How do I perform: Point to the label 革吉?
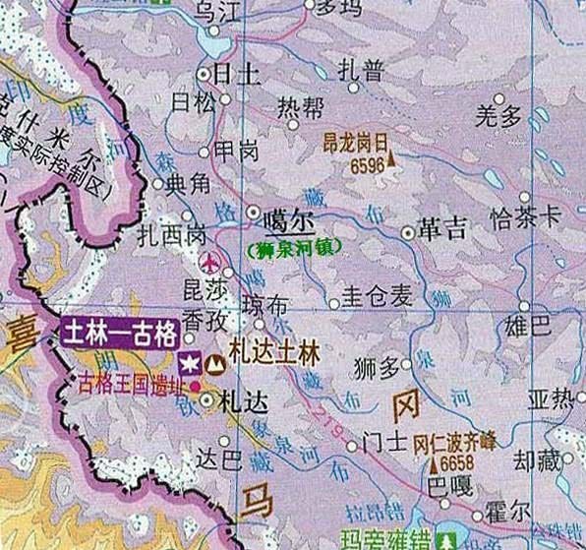coord(439,231)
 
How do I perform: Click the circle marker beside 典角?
coord(156,182)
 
